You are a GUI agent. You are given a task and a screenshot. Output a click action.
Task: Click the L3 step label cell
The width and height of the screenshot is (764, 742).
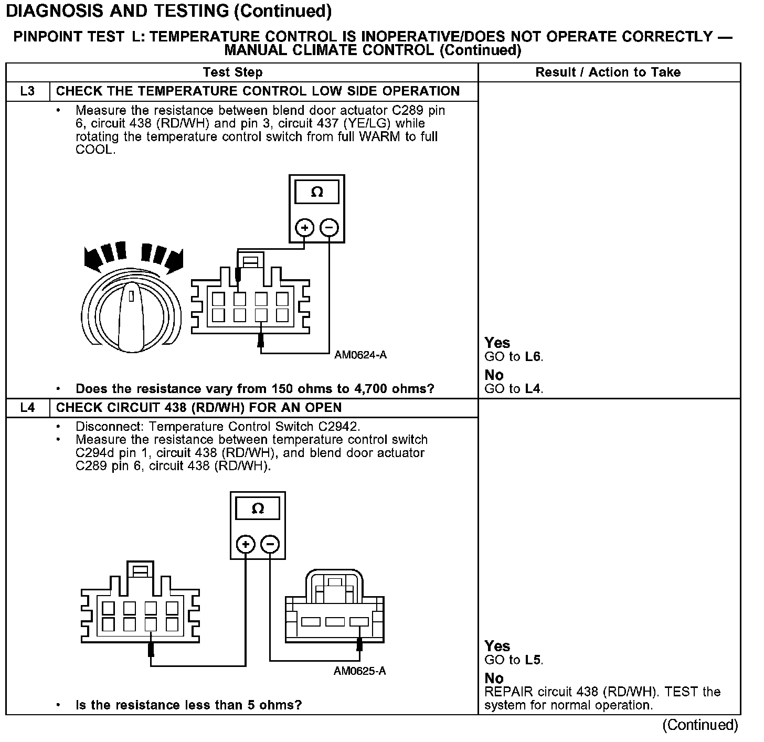coord(27,91)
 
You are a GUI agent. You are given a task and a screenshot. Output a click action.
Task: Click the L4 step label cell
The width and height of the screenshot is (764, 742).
coord(27,408)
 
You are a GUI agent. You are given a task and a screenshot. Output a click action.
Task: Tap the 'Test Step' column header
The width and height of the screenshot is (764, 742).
coord(232,72)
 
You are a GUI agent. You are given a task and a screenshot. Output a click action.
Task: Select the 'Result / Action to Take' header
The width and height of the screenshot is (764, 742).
coord(608,72)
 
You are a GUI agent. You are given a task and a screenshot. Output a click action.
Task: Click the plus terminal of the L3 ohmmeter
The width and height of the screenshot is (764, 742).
coord(304,228)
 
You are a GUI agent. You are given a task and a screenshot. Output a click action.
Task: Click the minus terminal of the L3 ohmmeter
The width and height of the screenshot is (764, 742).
coord(329,228)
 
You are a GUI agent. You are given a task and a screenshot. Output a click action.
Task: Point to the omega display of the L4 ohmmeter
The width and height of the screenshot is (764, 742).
coord(258,508)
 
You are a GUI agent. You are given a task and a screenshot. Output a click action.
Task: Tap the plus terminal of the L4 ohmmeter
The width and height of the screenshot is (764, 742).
coord(246,544)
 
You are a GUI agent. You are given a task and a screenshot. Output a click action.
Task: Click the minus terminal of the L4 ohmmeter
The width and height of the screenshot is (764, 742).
coord(270,544)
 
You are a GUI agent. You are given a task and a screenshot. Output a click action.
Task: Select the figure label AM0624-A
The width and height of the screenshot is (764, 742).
coord(360,355)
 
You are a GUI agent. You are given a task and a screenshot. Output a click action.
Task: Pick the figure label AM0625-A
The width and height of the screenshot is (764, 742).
coord(359,671)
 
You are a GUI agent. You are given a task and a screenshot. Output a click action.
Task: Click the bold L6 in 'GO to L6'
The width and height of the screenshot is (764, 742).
coord(533,357)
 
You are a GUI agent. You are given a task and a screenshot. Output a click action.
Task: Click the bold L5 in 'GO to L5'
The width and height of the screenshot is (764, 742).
coord(533,660)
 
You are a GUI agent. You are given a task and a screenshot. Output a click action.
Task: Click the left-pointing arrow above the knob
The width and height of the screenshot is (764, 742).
coord(94,258)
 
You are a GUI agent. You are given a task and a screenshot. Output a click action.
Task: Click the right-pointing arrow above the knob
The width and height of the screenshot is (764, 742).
coord(173,259)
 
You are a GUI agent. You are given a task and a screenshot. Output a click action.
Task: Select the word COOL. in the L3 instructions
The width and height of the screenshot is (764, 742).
coord(95,150)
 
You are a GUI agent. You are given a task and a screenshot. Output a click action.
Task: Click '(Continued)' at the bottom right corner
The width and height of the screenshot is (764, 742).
coord(700,725)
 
